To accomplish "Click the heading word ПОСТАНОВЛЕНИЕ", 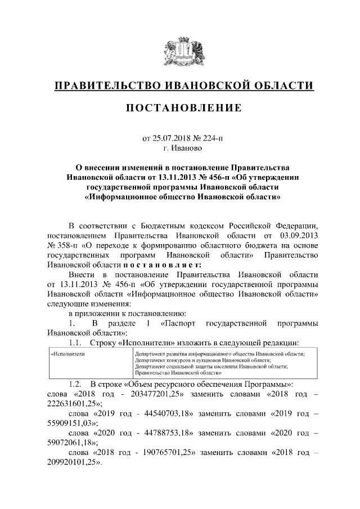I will pyautogui.click(x=180, y=107).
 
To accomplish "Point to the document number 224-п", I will pyautogui.click(x=211, y=138).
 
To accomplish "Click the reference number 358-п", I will pyautogui.click(x=61, y=246).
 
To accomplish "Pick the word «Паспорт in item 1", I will pyautogui.click(x=179, y=323).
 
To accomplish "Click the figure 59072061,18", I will pyautogui.click(x=70, y=444).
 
